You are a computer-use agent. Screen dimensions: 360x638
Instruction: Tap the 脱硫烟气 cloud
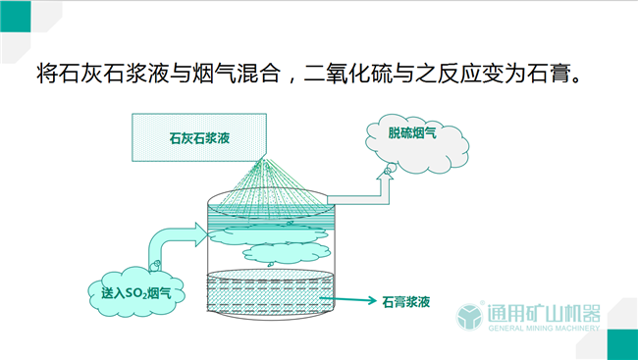pos(411,133)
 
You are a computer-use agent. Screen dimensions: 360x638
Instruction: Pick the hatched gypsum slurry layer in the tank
pos(271,293)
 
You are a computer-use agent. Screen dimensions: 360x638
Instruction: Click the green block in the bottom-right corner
pos(622,344)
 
